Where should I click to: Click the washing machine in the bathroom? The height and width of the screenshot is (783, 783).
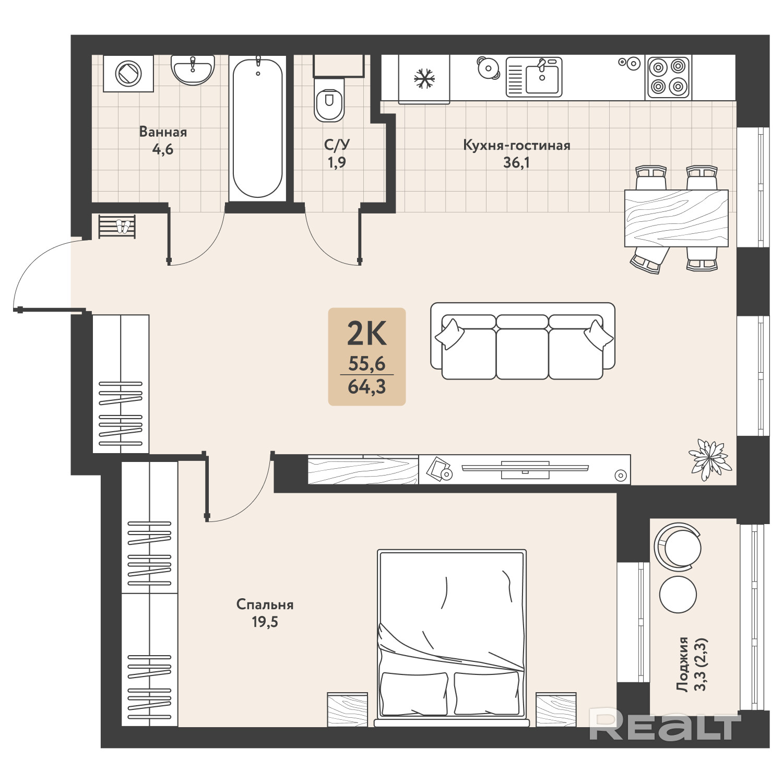coord(128,73)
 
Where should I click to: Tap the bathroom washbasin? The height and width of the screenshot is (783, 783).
coord(193,70)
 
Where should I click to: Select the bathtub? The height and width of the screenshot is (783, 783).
coord(257,127)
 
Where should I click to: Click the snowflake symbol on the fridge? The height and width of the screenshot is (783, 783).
coord(424,79)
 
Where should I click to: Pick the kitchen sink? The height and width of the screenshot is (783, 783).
coord(534,77)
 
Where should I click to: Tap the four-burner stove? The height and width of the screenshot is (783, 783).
coord(668,77)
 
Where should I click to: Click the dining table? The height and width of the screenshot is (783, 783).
coord(676,218)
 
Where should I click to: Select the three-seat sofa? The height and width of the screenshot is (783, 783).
coord(523,341)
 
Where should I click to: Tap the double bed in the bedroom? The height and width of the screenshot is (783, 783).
coord(451,637)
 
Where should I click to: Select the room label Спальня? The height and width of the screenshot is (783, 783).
coord(265,604)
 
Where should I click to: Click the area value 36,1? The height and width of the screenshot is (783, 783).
coord(516,162)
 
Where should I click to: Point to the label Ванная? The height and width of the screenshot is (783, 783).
coord(163,132)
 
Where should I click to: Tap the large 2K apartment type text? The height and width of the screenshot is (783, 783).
coord(367,334)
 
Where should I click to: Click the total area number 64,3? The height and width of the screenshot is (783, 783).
coord(366,386)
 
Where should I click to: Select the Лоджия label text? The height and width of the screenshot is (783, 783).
coord(682,665)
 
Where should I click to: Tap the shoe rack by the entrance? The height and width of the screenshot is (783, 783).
coord(117,227)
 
